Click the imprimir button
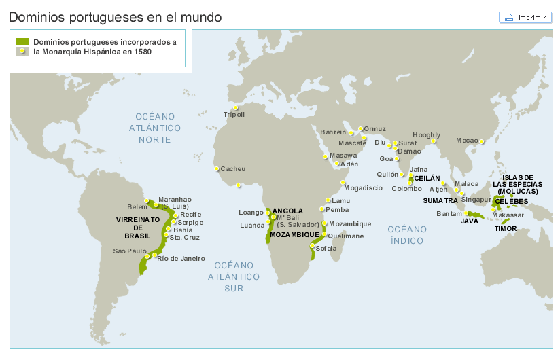click(525, 17)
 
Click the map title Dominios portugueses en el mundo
click(115, 16)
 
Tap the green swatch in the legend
click(22, 41)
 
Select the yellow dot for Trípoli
click(236, 107)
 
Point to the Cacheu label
click(233, 168)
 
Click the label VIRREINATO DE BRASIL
click(138, 228)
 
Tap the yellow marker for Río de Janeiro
click(156, 255)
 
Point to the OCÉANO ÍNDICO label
click(407, 235)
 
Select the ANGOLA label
click(287, 211)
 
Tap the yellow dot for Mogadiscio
click(343, 182)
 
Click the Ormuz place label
click(374, 129)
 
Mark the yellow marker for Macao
click(482, 141)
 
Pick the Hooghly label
click(426, 135)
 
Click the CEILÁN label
click(427, 178)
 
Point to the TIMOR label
click(505, 229)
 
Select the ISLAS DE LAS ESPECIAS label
click(518, 184)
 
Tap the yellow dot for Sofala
click(313, 245)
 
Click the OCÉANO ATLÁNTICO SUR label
click(234, 276)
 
